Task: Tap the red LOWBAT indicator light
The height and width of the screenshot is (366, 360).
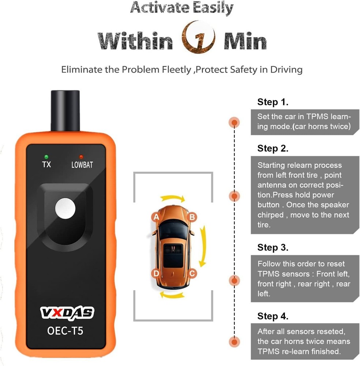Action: [x=82, y=157]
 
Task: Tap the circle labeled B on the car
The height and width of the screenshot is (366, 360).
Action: [x=192, y=217]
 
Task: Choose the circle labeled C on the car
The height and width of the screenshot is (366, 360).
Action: [x=192, y=273]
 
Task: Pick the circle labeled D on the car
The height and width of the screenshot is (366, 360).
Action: [x=156, y=273]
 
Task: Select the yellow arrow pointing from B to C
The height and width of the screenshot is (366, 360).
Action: [x=203, y=245]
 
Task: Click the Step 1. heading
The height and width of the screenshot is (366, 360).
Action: [x=273, y=102]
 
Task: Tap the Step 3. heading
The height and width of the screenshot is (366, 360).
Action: [x=273, y=247]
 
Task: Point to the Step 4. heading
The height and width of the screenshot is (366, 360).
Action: [x=273, y=316]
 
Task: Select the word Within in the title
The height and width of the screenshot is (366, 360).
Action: [x=136, y=41]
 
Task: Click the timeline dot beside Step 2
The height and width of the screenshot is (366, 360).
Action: [x=234, y=196]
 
